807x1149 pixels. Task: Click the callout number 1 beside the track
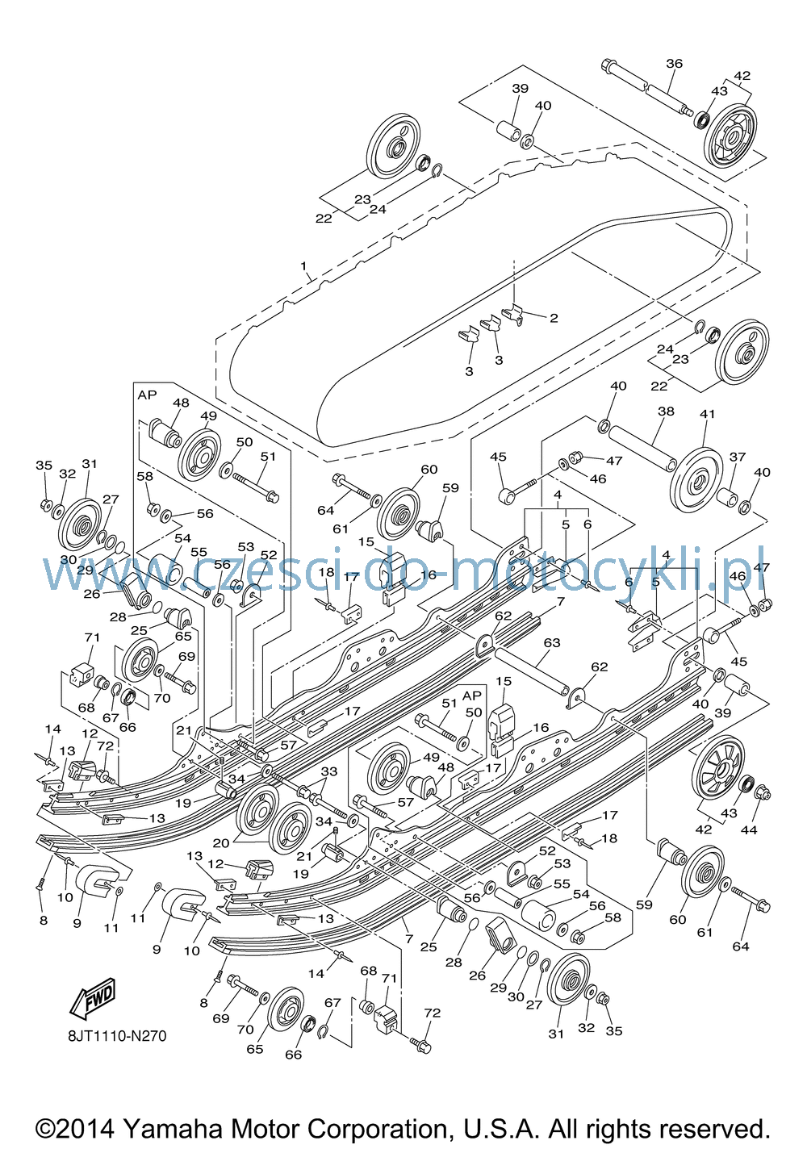(x=303, y=266)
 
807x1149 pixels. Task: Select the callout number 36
(x=674, y=63)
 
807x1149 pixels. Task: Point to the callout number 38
(x=666, y=411)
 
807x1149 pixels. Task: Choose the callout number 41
(x=707, y=413)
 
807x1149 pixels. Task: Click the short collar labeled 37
(x=727, y=497)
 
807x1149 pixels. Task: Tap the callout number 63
(x=552, y=643)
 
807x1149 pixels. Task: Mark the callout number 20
(x=221, y=842)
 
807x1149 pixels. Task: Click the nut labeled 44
(x=763, y=793)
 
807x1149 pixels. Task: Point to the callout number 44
(x=750, y=829)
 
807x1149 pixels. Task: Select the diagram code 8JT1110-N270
(x=118, y=1036)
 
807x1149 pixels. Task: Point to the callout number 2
(x=554, y=318)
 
